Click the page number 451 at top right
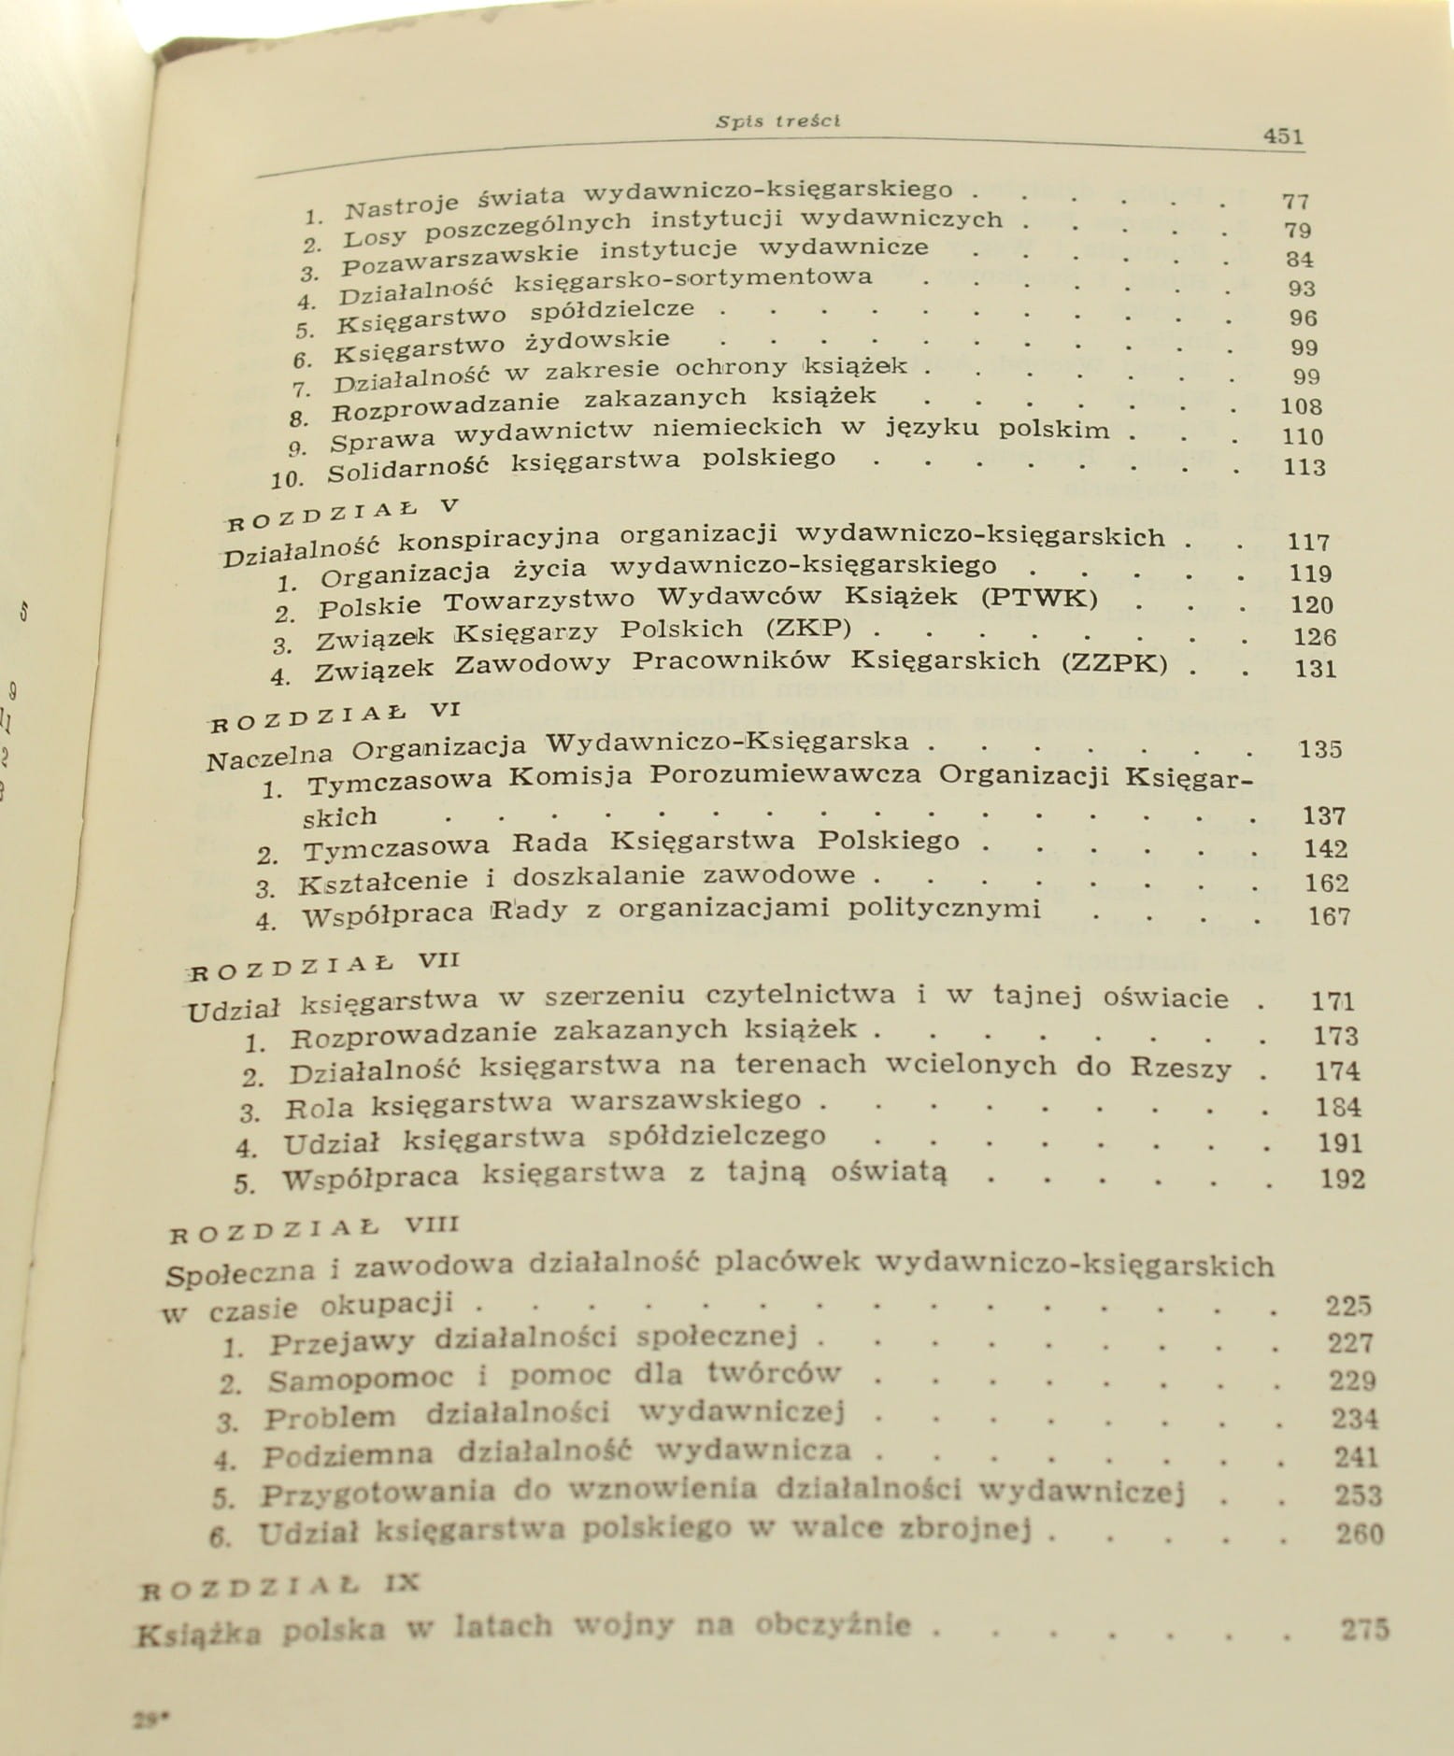1282,136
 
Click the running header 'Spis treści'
777,120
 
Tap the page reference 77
1295,201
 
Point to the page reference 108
1303,406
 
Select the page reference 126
1314,637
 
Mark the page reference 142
1325,849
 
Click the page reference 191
1339,1143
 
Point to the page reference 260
1360,1534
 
